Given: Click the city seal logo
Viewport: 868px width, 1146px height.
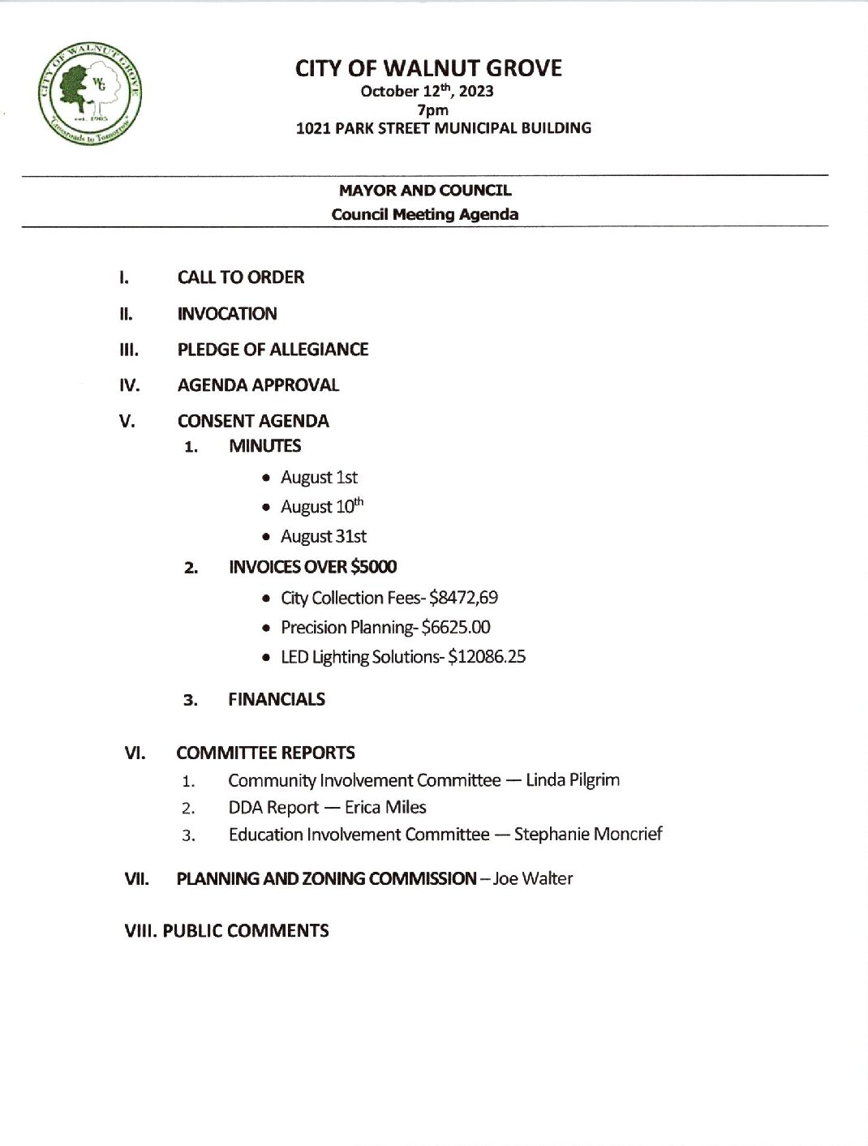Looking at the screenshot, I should tap(89, 92).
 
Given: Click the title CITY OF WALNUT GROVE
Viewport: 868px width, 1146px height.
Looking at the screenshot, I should tap(428, 68).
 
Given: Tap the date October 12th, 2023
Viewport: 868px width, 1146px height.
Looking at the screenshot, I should tap(427, 91).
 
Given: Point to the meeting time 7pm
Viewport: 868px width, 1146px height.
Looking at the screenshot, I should tap(432, 109).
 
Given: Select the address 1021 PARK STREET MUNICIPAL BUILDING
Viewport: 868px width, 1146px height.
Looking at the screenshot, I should tap(443, 128).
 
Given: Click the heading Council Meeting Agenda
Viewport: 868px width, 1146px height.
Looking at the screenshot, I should tap(424, 214).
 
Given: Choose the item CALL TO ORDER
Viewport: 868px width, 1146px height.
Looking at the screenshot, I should tap(240, 277).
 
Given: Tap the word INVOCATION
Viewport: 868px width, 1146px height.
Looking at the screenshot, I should tap(227, 314).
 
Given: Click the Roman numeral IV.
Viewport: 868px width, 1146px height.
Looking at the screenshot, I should tap(129, 385).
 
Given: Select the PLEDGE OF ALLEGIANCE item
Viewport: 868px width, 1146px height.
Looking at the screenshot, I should tap(273, 350).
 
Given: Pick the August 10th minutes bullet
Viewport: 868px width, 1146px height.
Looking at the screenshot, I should tap(321, 507).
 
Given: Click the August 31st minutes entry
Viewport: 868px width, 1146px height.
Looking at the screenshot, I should tap(323, 537).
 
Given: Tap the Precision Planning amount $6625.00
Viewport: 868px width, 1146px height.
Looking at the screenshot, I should tap(455, 627).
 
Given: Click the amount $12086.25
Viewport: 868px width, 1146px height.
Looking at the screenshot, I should tap(486, 657).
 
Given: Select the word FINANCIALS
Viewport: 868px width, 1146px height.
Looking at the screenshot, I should tap(276, 699).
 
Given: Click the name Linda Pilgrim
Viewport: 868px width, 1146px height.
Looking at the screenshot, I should tap(572, 780).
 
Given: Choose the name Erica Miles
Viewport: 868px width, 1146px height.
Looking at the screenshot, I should tap(385, 808).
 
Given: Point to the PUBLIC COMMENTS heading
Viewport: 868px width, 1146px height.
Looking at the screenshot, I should tap(245, 931).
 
